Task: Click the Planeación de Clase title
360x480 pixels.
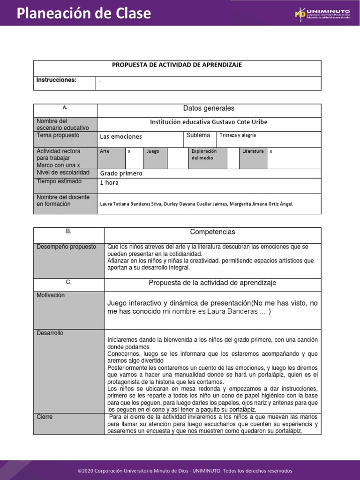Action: click(x=84, y=14)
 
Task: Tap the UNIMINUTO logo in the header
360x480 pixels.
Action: click(x=322, y=14)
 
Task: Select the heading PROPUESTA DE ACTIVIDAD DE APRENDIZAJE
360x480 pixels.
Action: click(x=177, y=65)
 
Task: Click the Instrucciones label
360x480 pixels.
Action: click(x=56, y=80)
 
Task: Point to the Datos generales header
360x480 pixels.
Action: click(x=209, y=109)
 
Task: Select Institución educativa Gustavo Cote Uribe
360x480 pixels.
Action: click(x=209, y=122)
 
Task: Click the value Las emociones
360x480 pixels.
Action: click(x=120, y=137)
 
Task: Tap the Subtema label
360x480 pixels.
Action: click(x=198, y=135)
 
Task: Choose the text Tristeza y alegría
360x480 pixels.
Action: click(x=238, y=135)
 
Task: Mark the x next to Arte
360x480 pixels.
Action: click(x=129, y=152)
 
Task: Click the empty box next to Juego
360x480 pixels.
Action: click(x=178, y=158)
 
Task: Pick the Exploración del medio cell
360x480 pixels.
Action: click(x=203, y=155)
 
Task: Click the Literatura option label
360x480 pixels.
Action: click(x=253, y=151)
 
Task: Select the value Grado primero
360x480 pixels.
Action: click(x=121, y=173)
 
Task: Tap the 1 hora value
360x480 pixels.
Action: click(x=109, y=183)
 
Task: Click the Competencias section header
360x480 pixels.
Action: click(x=212, y=232)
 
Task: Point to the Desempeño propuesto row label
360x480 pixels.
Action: click(x=66, y=247)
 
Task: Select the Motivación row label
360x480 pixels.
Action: click(x=51, y=295)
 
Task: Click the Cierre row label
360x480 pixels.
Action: click(x=45, y=417)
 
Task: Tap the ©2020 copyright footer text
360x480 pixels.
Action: click(x=185, y=471)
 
